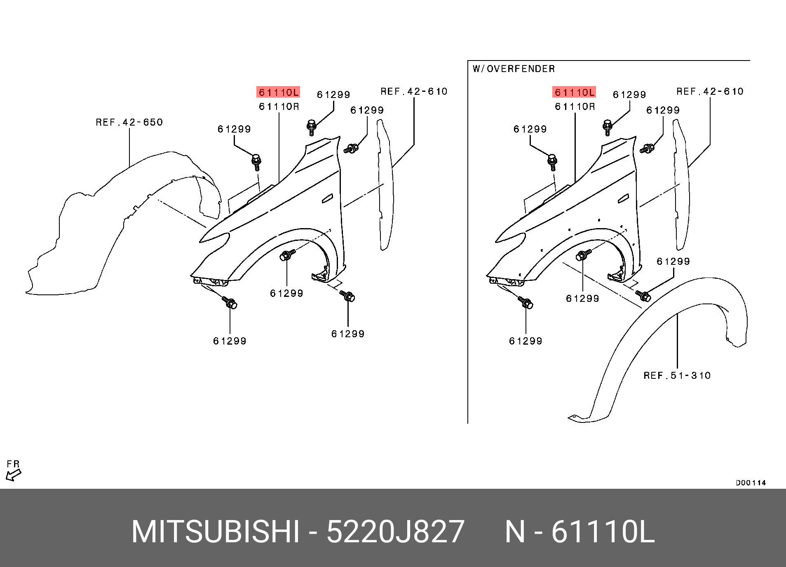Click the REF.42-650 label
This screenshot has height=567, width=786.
[129, 122]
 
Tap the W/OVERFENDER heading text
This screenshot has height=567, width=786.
[514, 69]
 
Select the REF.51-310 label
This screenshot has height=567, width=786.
[677, 376]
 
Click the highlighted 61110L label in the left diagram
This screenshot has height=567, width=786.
[278, 92]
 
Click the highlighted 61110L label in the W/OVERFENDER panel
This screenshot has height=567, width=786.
[574, 92]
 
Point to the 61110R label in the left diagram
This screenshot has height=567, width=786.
[279, 107]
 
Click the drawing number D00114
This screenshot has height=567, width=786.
[751, 483]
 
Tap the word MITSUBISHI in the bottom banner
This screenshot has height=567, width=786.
[215, 532]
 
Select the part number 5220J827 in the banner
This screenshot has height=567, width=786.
[396, 532]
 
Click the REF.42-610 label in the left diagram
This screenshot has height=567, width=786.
[414, 91]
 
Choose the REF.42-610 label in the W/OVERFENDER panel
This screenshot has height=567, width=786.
[710, 91]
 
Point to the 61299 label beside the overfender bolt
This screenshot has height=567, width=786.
[673, 261]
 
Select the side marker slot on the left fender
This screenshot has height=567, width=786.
[328, 198]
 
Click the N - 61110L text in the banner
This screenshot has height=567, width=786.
[580, 532]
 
